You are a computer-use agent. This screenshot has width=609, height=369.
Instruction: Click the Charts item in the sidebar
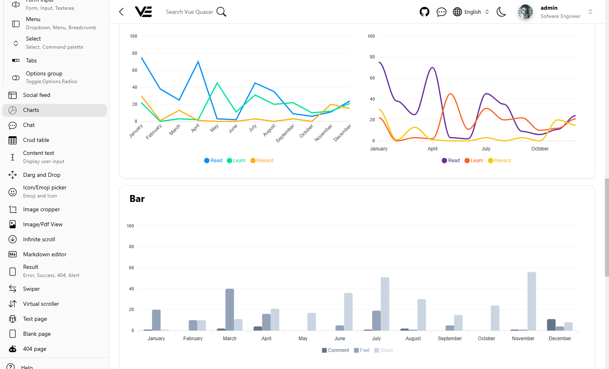tap(31, 110)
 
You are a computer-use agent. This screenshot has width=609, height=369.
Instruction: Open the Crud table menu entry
tap(36, 140)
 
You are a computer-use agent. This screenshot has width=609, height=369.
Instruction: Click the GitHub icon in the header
tap(424, 12)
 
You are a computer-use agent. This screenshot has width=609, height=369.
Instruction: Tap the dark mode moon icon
tap(501, 12)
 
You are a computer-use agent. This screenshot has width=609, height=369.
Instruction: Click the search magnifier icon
tap(221, 12)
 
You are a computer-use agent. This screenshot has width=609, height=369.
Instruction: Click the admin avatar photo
tap(525, 12)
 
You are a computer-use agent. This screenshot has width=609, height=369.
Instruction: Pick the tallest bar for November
tap(532, 301)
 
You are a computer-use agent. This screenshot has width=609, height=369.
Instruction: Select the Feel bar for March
tap(229, 309)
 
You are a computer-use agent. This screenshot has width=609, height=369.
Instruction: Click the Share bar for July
tap(385, 304)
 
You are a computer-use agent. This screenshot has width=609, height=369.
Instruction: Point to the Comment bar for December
tap(551, 325)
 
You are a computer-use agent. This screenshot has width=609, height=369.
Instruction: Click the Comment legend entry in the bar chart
tap(335, 350)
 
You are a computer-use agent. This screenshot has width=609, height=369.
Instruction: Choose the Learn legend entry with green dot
tap(236, 161)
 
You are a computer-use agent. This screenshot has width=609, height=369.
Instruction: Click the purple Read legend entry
tap(451, 161)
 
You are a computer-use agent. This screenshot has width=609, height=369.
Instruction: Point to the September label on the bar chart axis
tap(450, 339)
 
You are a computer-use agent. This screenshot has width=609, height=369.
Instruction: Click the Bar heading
tap(137, 199)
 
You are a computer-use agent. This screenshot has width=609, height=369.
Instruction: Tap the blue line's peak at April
tap(198, 62)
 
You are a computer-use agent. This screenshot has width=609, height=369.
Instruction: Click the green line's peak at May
tap(217, 83)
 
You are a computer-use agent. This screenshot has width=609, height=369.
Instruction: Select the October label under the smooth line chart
tap(540, 149)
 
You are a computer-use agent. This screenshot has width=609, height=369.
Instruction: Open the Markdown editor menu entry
tap(45, 255)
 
